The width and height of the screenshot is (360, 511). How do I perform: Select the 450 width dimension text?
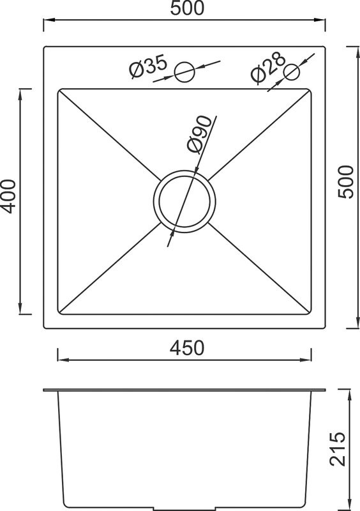click(186, 349)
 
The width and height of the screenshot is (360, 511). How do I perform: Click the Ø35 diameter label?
click(147, 67)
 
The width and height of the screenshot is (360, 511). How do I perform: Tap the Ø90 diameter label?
click(199, 133)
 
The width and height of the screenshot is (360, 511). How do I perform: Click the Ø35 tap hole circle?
click(185, 72)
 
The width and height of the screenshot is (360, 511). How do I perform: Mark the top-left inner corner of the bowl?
click(59, 90)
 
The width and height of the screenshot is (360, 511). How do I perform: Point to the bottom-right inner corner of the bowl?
click(311, 313)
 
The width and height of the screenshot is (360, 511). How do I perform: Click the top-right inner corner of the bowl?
click(311, 90)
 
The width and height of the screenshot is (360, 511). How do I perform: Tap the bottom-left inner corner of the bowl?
click(59, 313)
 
